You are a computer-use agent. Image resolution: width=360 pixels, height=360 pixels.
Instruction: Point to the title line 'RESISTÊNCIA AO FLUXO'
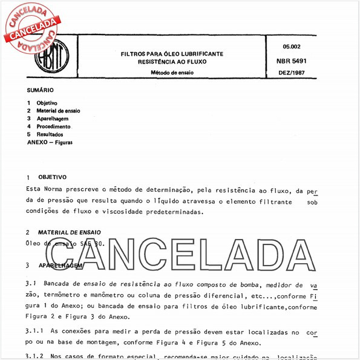[x=172, y=62]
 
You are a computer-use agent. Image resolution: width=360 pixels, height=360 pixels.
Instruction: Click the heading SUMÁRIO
[x=40, y=90]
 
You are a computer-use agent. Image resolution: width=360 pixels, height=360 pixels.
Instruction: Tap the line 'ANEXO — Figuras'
[x=50, y=143]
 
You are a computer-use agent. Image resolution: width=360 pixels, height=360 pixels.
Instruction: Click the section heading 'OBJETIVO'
[x=52, y=177]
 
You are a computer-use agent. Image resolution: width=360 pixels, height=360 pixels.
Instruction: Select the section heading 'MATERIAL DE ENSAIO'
[x=69, y=232]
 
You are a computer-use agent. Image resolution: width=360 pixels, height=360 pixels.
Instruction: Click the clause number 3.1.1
[x=36, y=333]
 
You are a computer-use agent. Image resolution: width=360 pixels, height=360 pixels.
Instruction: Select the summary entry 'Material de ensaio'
[x=58, y=111]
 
